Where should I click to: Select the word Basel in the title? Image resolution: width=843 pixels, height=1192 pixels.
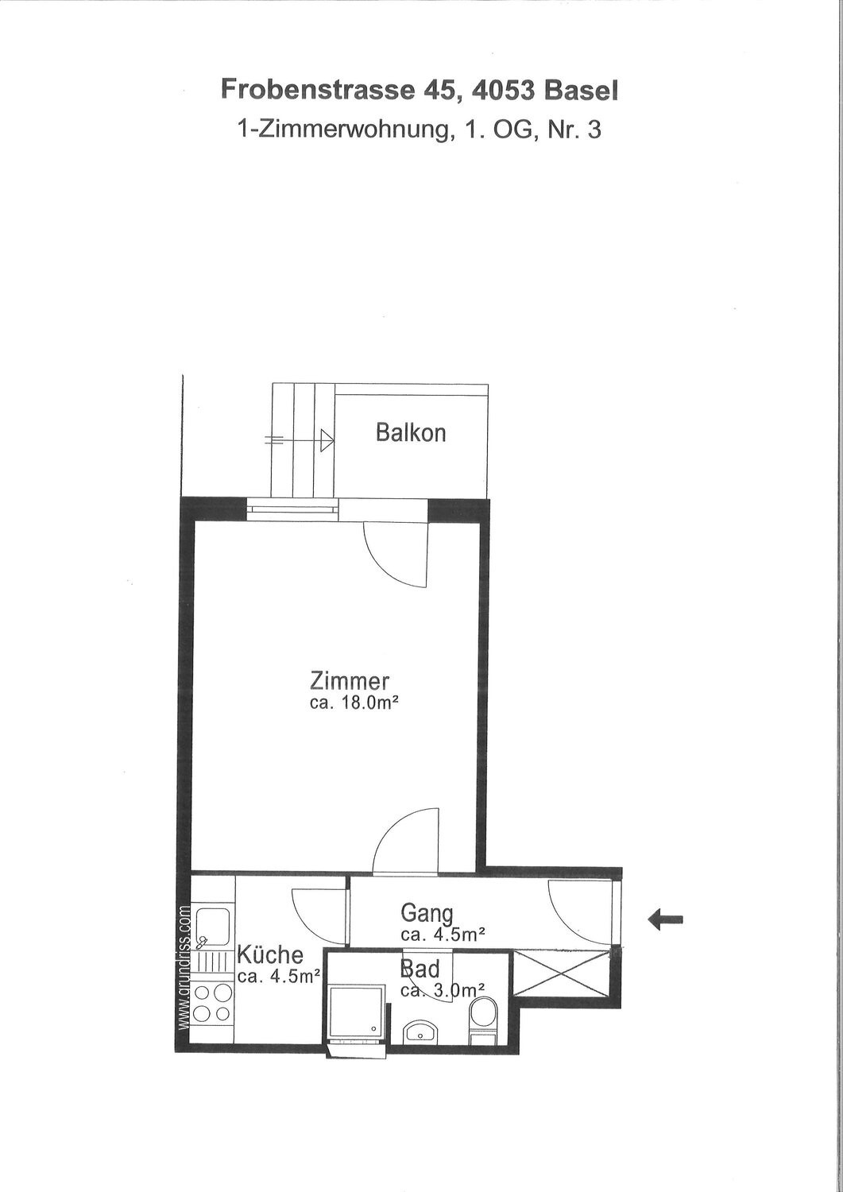[581, 90]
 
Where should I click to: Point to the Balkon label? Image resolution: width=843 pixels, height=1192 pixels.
[411, 433]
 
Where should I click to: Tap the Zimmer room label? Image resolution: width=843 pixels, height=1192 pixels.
[350, 681]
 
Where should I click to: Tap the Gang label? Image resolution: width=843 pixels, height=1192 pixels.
[427, 912]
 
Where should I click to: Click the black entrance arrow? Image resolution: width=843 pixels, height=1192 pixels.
[666, 920]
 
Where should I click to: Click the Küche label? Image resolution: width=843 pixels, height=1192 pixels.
[270, 954]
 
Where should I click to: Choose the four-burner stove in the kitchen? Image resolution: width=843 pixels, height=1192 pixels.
[212, 1003]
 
